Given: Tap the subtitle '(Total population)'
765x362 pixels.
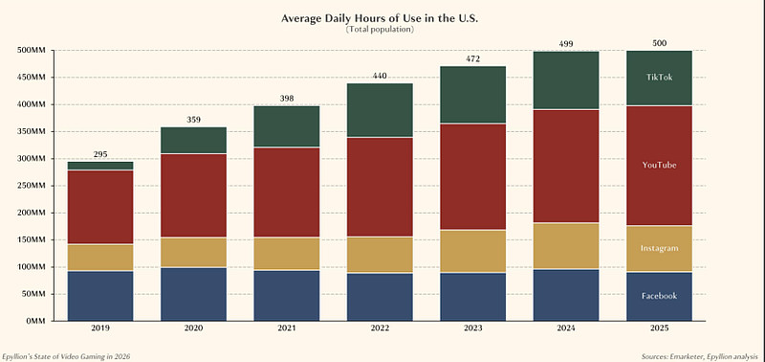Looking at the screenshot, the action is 380,30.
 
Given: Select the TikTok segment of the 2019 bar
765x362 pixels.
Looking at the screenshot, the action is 100,166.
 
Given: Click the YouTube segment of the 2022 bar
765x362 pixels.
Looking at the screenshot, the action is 380,187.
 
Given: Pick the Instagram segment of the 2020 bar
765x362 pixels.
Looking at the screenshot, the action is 194,253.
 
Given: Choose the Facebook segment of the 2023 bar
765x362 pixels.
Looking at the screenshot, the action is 472,297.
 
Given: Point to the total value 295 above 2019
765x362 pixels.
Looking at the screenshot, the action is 100,154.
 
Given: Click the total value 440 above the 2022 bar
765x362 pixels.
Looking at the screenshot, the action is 380,76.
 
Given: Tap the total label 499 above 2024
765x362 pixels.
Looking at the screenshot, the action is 566,44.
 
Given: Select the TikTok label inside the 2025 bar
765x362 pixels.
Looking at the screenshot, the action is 659,78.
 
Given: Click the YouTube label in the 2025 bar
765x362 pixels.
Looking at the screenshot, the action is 659,165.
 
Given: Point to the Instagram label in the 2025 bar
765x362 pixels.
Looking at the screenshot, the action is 659,248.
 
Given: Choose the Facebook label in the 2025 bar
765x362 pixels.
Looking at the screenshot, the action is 659,296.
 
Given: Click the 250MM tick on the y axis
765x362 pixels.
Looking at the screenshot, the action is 33,186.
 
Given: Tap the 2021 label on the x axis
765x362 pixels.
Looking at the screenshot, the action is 287,328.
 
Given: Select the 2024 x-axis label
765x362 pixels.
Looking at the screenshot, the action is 566,328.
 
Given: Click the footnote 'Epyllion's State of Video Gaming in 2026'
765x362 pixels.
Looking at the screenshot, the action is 66,356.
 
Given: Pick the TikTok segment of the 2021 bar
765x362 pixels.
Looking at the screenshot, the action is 287,126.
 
